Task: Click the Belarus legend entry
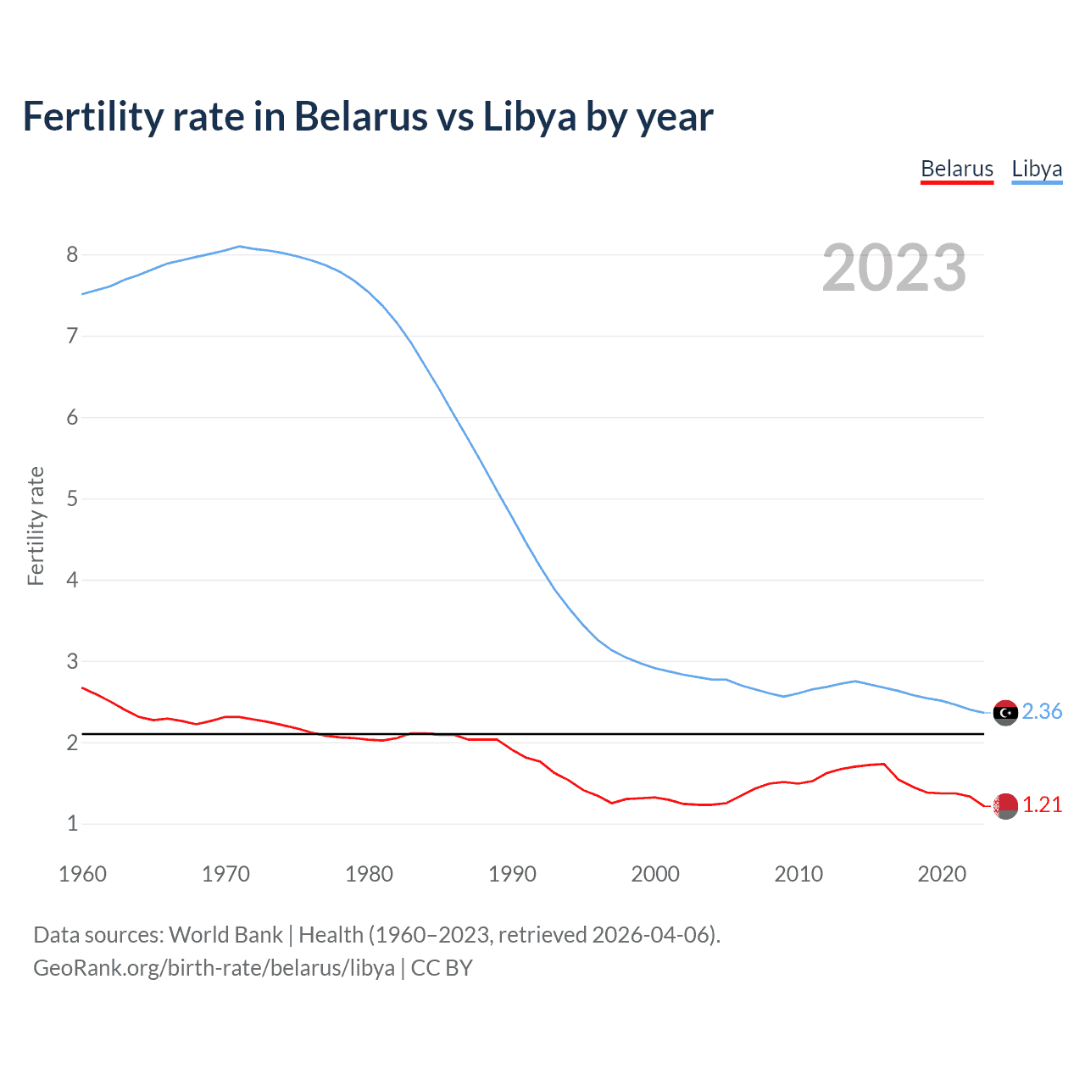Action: click(956, 169)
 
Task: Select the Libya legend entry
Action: click(1036, 169)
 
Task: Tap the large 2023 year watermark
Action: click(893, 268)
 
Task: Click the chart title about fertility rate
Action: click(368, 116)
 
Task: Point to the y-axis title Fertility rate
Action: click(36, 526)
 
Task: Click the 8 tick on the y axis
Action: click(72, 254)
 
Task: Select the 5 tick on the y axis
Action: click(72, 498)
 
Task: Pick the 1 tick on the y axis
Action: click(72, 823)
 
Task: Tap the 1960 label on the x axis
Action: click(82, 874)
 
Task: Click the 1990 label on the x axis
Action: click(512, 874)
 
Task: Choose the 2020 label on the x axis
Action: click(942, 874)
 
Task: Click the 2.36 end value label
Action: click(1042, 711)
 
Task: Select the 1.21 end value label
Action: click(1042, 804)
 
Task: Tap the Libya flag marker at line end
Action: click(1005, 713)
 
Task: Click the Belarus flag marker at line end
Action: click(1005, 806)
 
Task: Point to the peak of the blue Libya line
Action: click(240, 247)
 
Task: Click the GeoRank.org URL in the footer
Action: click(214, 968)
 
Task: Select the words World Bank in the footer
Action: click(225, 935)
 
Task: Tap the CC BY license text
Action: click(442, 968)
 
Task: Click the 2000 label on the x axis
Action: click(655, 874)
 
